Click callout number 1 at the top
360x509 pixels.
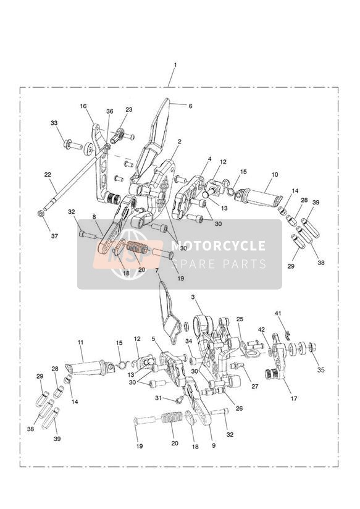(175, 65)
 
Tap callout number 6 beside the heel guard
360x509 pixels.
(190, 106)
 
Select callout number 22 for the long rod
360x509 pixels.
(48, 175)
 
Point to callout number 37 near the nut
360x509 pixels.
(54, 236)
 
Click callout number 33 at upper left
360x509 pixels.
(54, 123)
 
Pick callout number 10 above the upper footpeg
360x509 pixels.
(275, 175)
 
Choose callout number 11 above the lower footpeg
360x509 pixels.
(81, 342)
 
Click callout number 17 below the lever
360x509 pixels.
(294, 398)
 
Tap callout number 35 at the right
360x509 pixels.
(320, 370)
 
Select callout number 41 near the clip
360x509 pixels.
(278, 313)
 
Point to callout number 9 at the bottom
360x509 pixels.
(213, 446)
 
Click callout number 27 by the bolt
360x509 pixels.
(255, 386)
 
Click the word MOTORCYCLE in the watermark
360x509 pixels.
(218, 245)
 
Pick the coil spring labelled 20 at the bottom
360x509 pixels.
(172, 417)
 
